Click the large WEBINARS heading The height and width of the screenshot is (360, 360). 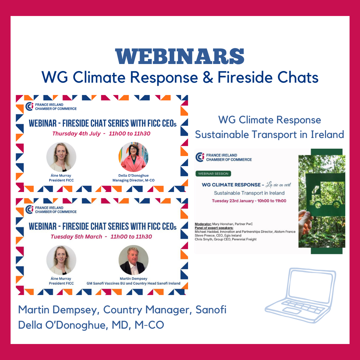point(180,56)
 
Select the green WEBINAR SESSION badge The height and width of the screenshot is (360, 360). point(213,174)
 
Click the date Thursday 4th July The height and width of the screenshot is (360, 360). point(76,134)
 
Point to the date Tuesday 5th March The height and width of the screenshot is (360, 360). point(76,237)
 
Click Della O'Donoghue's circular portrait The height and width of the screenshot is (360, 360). point(133,157)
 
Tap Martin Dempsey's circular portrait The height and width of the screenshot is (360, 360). point(133,260)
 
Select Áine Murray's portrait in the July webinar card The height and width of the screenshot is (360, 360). point(61,157)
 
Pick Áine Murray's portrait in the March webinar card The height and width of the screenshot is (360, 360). point(61,260)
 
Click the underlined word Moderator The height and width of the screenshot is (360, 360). point(203,224)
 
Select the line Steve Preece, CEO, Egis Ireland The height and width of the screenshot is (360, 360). point(218,235)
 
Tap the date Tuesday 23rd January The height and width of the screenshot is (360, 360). point(232,201)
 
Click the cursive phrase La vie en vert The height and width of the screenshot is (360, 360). point(278,185)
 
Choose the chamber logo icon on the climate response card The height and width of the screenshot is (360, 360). point(200,157)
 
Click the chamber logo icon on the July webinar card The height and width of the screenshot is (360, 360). point(29,107)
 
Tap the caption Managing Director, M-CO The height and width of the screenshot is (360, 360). point(133,180)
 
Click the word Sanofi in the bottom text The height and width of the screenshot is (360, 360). point(211,310)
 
